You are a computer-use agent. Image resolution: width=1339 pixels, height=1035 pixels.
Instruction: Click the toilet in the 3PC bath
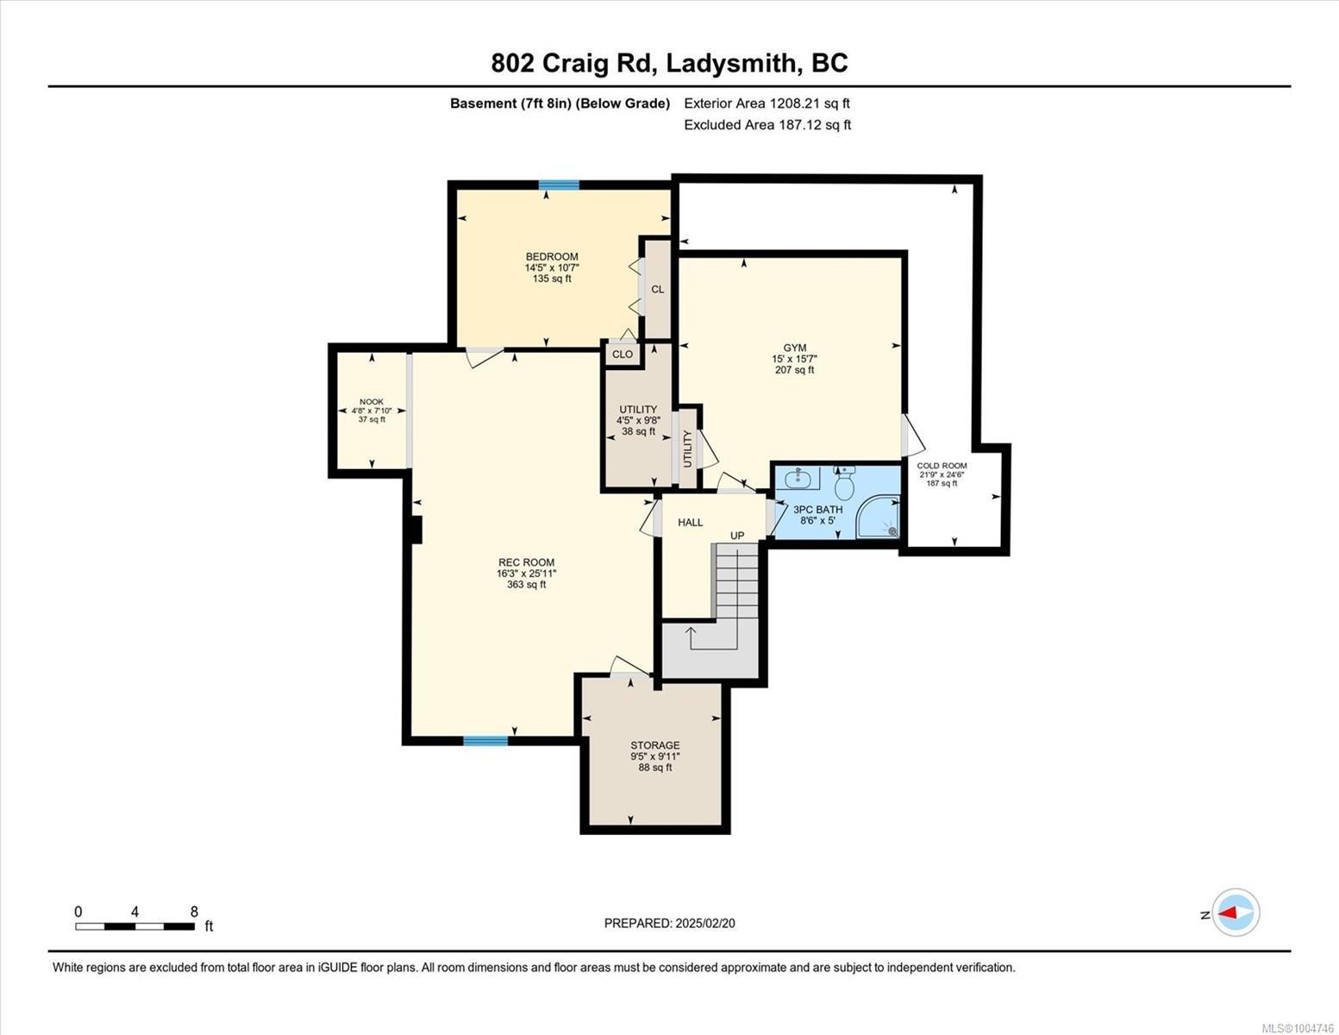(x=844, y=483)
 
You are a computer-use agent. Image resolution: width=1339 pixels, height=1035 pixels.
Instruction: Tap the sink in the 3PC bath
(x=798, y=478)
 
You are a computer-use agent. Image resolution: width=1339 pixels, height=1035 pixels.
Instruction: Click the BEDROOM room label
(x=552, y=256)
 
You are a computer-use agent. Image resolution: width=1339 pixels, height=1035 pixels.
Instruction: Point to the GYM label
(x=795, y=348)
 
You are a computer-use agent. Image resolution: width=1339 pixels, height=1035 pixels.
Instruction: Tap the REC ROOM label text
(x=526, y=562)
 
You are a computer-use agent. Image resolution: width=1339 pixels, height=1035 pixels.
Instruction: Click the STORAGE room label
(x=655, y=745)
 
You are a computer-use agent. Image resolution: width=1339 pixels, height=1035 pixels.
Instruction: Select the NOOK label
(x=372, y=402)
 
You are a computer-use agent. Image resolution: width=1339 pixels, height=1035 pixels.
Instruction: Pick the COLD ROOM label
(x=942, y=466)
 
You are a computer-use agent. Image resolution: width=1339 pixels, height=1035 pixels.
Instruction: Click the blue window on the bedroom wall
(x=559, y=185)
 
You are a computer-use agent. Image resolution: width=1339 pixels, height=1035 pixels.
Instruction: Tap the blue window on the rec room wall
(x=485, y=740)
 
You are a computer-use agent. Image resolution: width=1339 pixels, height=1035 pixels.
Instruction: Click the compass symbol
(x=1236, y=913)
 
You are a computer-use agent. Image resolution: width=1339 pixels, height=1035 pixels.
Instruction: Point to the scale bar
(x=135, y=925)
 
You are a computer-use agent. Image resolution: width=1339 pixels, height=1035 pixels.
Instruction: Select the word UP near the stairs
(x=737, y=536)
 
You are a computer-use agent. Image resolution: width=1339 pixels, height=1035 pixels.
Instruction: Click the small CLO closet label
(x=623, y=354)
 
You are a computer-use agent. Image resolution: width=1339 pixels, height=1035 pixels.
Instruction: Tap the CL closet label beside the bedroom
(x=658, y=289)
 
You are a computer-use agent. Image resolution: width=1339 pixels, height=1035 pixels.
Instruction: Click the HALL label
(x=690, y=523)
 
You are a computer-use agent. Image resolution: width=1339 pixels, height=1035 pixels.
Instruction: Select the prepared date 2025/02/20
(x=705, y=924)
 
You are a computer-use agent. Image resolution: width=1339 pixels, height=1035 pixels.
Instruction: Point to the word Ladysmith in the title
(x=730, y=63)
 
